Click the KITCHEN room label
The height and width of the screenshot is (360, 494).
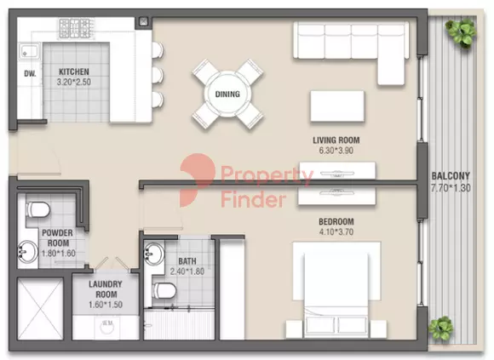click(x=74, y=71)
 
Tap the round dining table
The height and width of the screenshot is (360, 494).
click(x=227, y=94)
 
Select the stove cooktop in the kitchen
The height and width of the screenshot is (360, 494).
click(x=77, y=28)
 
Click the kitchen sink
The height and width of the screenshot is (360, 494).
click(x=30, y=51)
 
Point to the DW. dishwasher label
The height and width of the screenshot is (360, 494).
click(x=30, y=74)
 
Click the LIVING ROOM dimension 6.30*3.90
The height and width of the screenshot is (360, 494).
click(x=336, y=151)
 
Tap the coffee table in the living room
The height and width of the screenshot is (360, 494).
click(x=337, y=106)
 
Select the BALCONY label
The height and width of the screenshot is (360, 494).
click(x=451, y=176)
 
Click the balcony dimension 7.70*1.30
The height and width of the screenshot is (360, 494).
click(x=451, y=188)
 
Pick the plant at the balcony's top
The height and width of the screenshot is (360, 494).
click(x=461, y=32)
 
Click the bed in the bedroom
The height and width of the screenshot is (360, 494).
click(x=336, y=289)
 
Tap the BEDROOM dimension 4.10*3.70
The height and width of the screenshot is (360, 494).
click(x=336, y=232)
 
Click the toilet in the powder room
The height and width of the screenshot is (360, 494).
click(x=37, y=209)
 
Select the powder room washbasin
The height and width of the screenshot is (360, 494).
click(x=28, y=251)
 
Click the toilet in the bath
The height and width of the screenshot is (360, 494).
click(x=164, y=290)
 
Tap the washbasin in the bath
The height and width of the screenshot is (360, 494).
click(x=154, y=253)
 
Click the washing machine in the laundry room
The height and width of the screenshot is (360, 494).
click(x=106, y=328)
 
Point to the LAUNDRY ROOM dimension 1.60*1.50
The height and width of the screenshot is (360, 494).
click(x=106, y=305)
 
